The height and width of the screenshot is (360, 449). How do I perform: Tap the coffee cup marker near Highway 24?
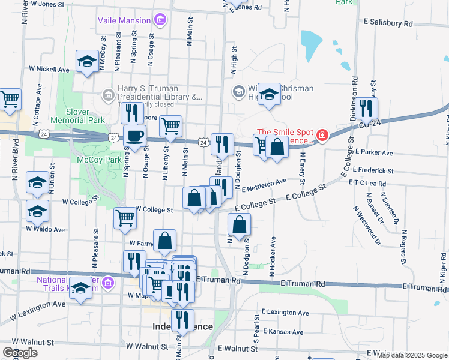[134, 136]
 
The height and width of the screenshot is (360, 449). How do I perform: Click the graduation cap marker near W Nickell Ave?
[87, 61]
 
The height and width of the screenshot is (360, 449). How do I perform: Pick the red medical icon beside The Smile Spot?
[323, 136]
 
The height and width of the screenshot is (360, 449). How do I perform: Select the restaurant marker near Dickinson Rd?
[365, 108]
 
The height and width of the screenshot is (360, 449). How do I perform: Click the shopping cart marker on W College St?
[125, 219]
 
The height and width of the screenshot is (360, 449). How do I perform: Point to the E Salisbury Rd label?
[389, 23]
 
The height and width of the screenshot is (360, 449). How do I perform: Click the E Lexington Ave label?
[285, 313]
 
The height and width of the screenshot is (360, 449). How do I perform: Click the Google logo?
[20, 353]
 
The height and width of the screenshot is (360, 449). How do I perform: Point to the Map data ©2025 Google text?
[412, 355]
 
